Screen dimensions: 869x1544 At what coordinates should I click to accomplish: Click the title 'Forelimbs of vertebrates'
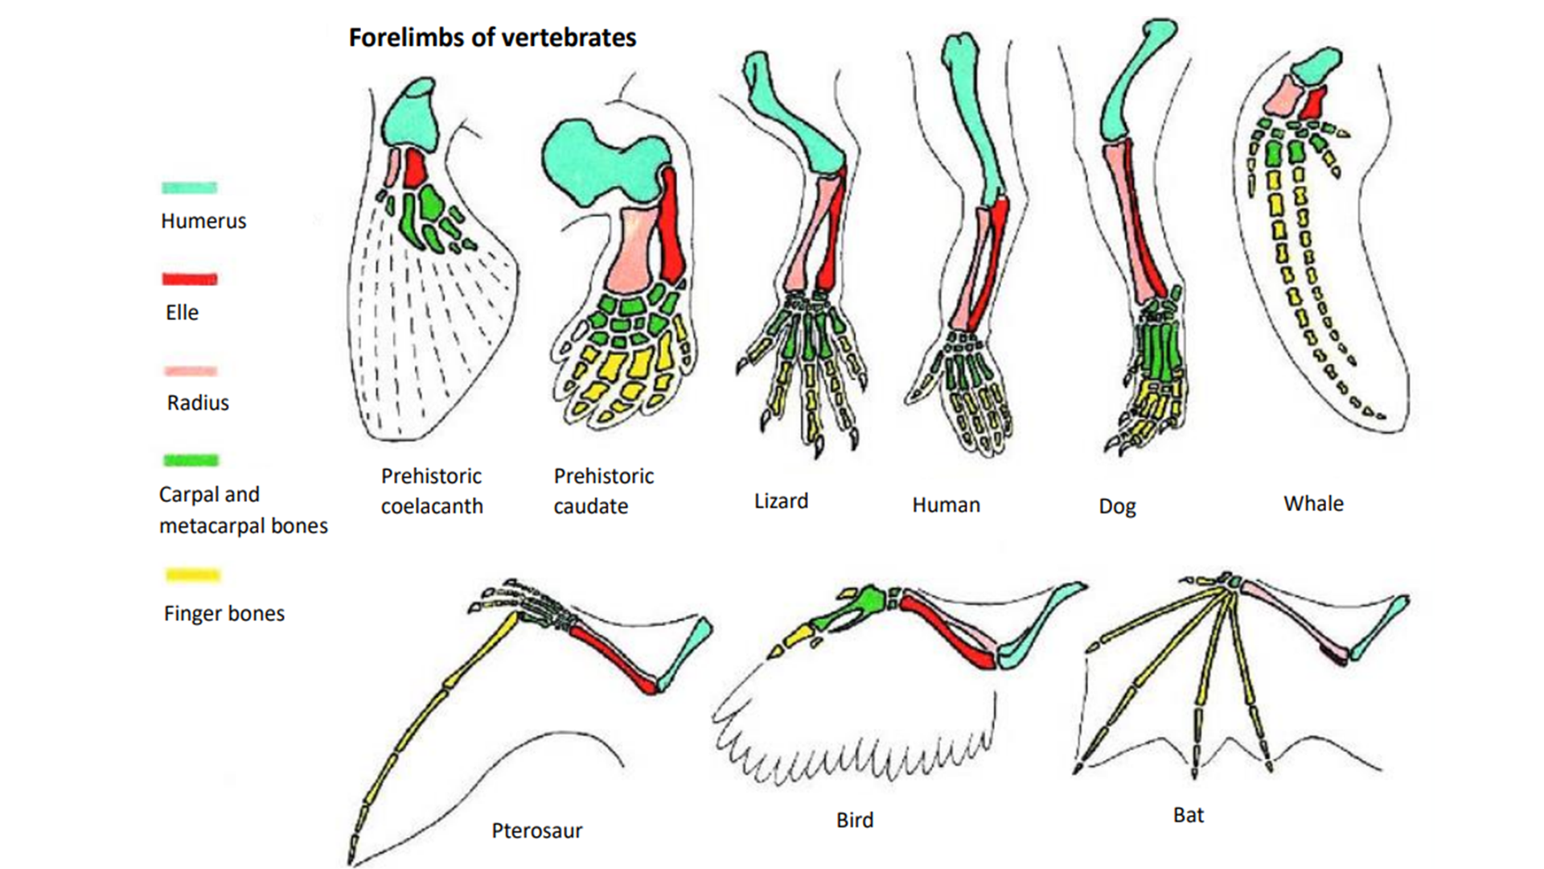tap(492, 38)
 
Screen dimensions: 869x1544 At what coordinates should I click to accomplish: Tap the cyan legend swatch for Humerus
tap(190, 187)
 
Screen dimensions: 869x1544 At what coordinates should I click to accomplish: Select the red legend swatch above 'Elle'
tap(190, 279)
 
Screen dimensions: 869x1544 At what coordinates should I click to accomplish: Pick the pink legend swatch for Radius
tap(191, 371)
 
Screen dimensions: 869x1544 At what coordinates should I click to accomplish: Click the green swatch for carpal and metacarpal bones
tap(191, 460)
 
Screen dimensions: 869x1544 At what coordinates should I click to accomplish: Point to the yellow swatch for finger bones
tap(192, 575)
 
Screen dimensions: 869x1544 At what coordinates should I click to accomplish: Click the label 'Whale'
tap(1313, 504)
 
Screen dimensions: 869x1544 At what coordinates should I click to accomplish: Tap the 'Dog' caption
tap(1117, 507)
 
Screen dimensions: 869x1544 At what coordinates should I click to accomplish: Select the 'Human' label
tap(946, 505)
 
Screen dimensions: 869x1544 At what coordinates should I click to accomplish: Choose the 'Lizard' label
tap(781, 501)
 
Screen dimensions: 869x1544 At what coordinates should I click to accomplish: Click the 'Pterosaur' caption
tap(536, 830)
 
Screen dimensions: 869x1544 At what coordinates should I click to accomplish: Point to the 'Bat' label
tap(1188, 815)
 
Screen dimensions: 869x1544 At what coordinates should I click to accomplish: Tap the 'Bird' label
tap(854, 820)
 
